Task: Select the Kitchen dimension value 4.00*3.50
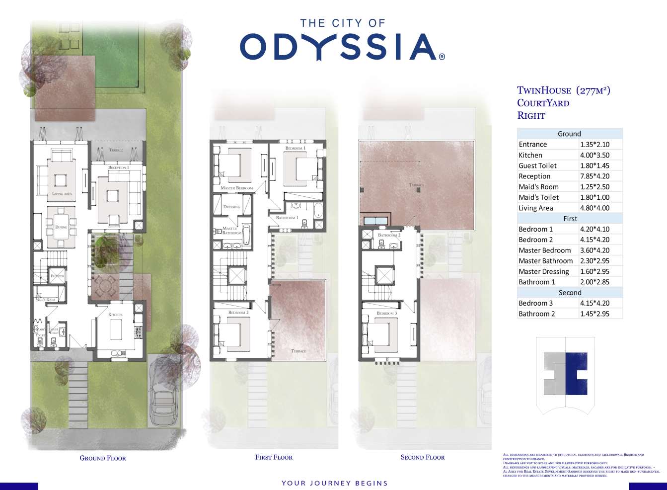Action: tap(594, 155)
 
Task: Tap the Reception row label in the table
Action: tap(534, 176)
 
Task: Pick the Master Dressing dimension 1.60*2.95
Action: tap(594, 271)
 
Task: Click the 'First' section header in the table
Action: tap(570, 219)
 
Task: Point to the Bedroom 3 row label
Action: tap(535, 303)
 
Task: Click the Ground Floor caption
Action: tap(103, 458)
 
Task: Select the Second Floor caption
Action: tap(423, 457)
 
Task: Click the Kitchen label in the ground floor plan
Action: tap(115, 315)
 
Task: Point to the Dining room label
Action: tap(61, 227)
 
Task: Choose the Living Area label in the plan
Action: tap(62, 194)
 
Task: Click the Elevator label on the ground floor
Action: tap(57, 276)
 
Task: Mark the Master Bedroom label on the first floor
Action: tap(236, 188)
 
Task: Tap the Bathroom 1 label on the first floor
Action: tap(287, 218)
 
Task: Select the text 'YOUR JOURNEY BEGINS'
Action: tap(334, 483)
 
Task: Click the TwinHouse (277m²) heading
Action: tap(563, 90)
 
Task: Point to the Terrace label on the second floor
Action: tap(417, 185)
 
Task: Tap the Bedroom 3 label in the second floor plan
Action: tap(387, 313)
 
